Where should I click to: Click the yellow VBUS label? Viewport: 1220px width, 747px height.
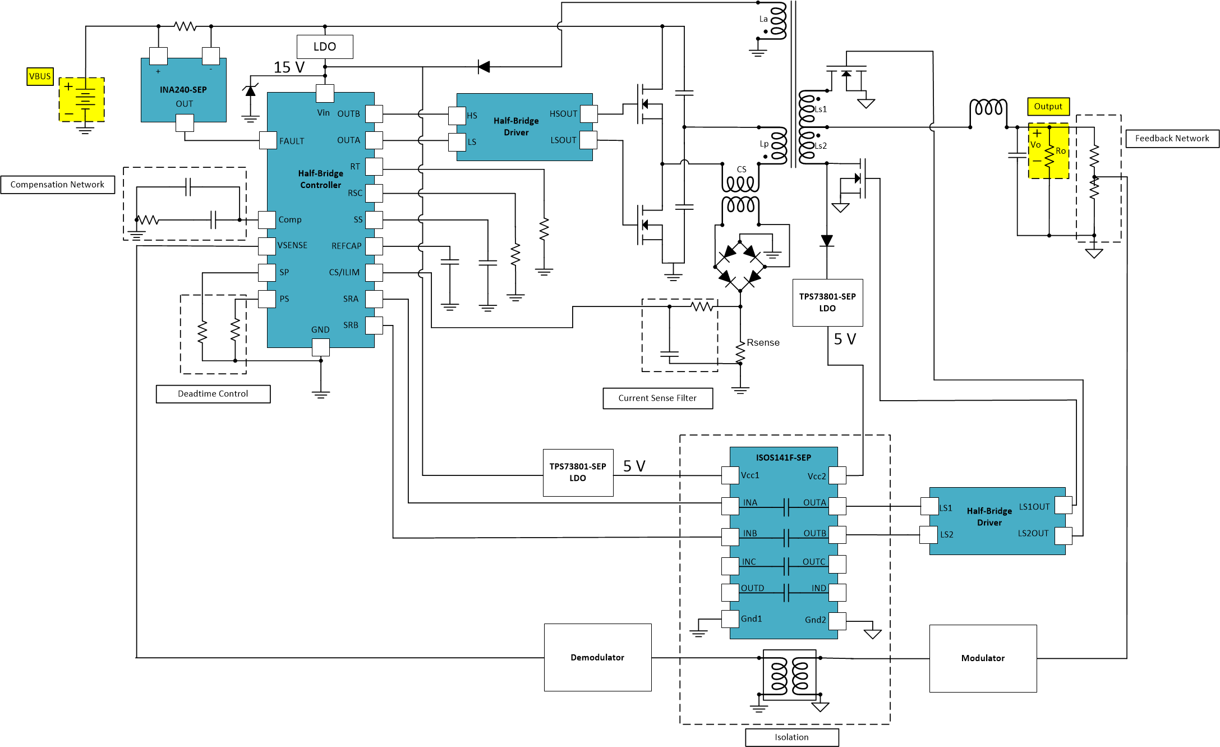40,76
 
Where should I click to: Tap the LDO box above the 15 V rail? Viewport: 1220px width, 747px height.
325,47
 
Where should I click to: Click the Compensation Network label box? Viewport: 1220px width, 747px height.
57,185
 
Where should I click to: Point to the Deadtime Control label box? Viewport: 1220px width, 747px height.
213,394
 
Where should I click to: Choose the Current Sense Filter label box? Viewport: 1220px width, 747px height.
657,398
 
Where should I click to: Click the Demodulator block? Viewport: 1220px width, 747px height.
597,657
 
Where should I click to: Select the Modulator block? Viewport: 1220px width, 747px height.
983,658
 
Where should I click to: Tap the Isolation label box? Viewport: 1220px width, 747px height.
791,737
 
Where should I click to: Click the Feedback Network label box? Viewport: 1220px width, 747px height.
1172,139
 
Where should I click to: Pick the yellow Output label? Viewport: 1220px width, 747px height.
1048,107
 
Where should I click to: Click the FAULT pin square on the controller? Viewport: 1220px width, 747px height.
268,140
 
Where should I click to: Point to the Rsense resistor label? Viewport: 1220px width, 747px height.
763,342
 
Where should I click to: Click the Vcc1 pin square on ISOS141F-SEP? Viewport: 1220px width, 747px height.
730,475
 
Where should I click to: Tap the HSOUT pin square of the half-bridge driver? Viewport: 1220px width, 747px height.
588,114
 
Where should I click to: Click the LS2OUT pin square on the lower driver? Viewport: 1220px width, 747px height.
1063,535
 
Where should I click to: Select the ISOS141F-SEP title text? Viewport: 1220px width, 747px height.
783,458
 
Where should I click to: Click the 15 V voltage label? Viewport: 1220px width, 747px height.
289,67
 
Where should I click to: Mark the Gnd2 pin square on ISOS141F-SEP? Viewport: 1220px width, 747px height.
837,621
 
